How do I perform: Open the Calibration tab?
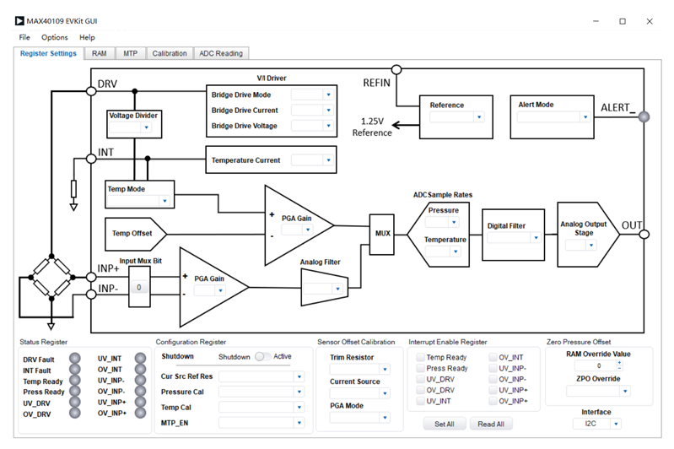coord(170,53)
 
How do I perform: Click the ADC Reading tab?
coord(221,53)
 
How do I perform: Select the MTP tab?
coord(130,53)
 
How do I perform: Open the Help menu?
coord(87,37)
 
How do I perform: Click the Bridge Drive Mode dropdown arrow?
coord(328,95)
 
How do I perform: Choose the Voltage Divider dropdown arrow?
coord(146,127)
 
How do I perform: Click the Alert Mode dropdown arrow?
coord(585,116)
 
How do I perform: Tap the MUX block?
coord(382,234)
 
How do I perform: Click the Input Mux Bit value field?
coord(139,287)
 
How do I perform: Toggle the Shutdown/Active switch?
coord(262,356)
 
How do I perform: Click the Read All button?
coord(491,424)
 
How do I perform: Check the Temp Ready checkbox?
coord(420,357)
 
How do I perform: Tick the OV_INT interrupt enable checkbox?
coord(493,357)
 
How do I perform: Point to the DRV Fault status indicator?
coord(75,359)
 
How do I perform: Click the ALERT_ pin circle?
coord(644,116)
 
